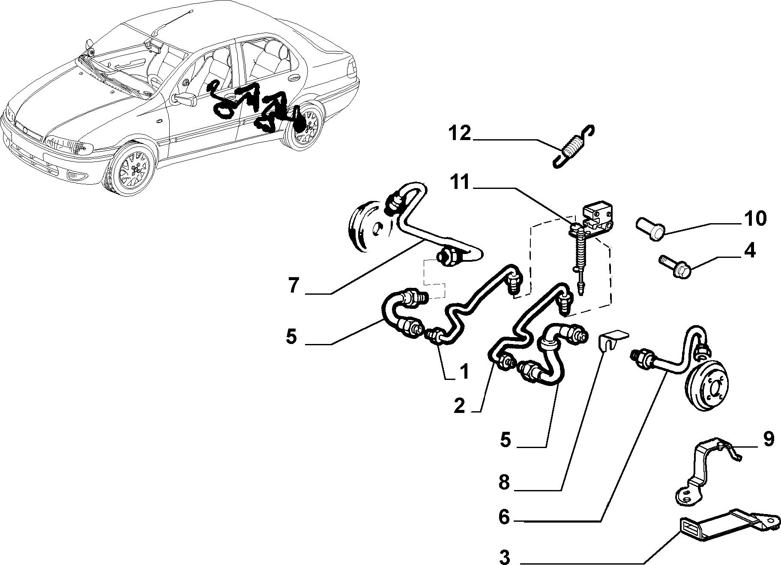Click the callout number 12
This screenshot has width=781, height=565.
point(460,134)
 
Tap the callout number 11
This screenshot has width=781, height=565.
point(459,183)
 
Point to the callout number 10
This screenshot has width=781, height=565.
point(755,218)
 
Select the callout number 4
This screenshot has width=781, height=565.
point(750,251)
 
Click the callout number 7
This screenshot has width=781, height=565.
point(293,286)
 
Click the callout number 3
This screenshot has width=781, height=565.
point(505,557)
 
